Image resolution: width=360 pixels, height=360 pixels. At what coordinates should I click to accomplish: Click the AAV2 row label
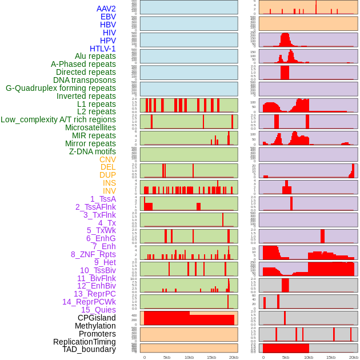point(106,9)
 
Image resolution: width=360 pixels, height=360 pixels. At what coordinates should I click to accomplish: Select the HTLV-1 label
point(103,49)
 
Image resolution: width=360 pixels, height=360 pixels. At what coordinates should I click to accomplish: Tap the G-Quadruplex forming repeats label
point(61,88)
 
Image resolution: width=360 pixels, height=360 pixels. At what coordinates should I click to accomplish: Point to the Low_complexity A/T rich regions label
point(58,119)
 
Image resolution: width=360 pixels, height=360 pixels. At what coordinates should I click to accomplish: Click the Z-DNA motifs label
point(93,151)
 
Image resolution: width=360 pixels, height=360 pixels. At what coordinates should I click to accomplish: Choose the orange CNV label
point(107,159)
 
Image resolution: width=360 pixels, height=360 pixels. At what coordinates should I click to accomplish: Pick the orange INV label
point(109,191)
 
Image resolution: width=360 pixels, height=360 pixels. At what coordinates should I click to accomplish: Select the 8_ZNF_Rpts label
point(93,254)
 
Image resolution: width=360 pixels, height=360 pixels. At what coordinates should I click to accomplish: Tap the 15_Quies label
point(98,310)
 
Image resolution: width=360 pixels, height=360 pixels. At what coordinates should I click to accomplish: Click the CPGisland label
point(97,318)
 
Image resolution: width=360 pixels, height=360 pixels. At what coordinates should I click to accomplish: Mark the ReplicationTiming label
point(85,342)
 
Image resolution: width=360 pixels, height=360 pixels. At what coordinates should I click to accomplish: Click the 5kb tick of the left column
point(167,357)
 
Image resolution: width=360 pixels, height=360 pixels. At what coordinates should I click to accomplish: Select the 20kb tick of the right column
point(354,357)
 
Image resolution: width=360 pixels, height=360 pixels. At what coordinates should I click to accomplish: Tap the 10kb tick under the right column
point(308,357)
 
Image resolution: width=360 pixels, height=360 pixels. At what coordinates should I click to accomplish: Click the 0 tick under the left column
point(144,357)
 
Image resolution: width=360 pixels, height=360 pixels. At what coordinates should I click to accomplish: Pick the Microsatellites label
point(90,127)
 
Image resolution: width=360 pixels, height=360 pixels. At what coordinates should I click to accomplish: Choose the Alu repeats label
point(95,56)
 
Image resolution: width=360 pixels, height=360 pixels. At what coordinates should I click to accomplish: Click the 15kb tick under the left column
point(211,357)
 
